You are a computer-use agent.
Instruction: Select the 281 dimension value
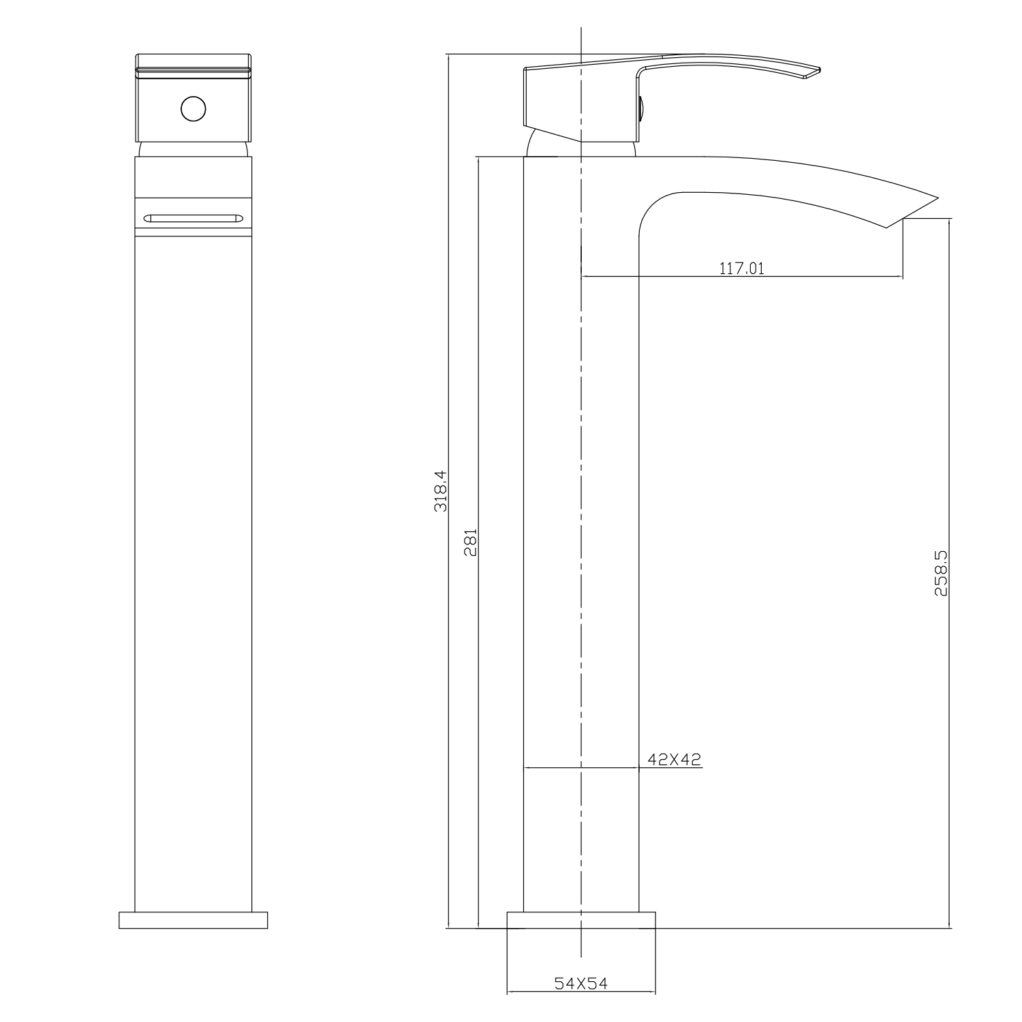pyautogui.click(x=470, y=542)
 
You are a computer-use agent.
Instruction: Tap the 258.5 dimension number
pyautogui.click(x=941, y=574)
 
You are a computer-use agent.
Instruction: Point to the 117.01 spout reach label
pyautogui.click(x=742, y=268)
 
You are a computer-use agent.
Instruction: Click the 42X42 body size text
pyautogui.click(x=675, y=759)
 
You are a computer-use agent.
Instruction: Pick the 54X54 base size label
pyautogui.click(x=580, y=983)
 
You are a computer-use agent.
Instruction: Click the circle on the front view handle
pyautogui.click(x=193, y=108)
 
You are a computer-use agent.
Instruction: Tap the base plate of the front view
pyautogui.click(x=193, y=920)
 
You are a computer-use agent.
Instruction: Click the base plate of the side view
pyautogui.click(x=581, y=920)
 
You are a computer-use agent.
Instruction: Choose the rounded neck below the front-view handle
pyautogui.click(x=193, y=149)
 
